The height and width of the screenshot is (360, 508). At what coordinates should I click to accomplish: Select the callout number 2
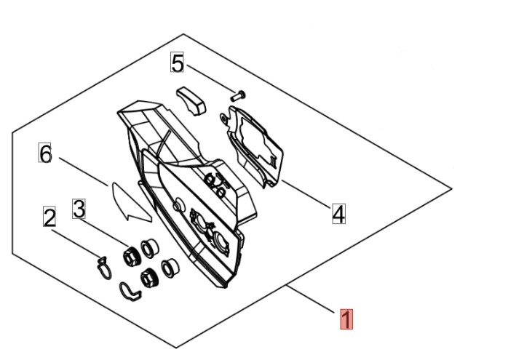tap(49, 217)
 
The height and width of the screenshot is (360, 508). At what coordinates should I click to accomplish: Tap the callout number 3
tap(79, 209)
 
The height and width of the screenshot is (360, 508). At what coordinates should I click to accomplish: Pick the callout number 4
tap(338, 214)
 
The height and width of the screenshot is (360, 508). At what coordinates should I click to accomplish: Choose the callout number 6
tap(46, 154)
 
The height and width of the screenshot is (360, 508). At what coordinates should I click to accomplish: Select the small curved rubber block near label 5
tap(190, 100)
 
